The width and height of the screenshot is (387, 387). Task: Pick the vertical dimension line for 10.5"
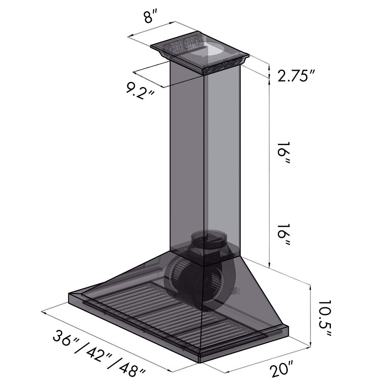point(311,315)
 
